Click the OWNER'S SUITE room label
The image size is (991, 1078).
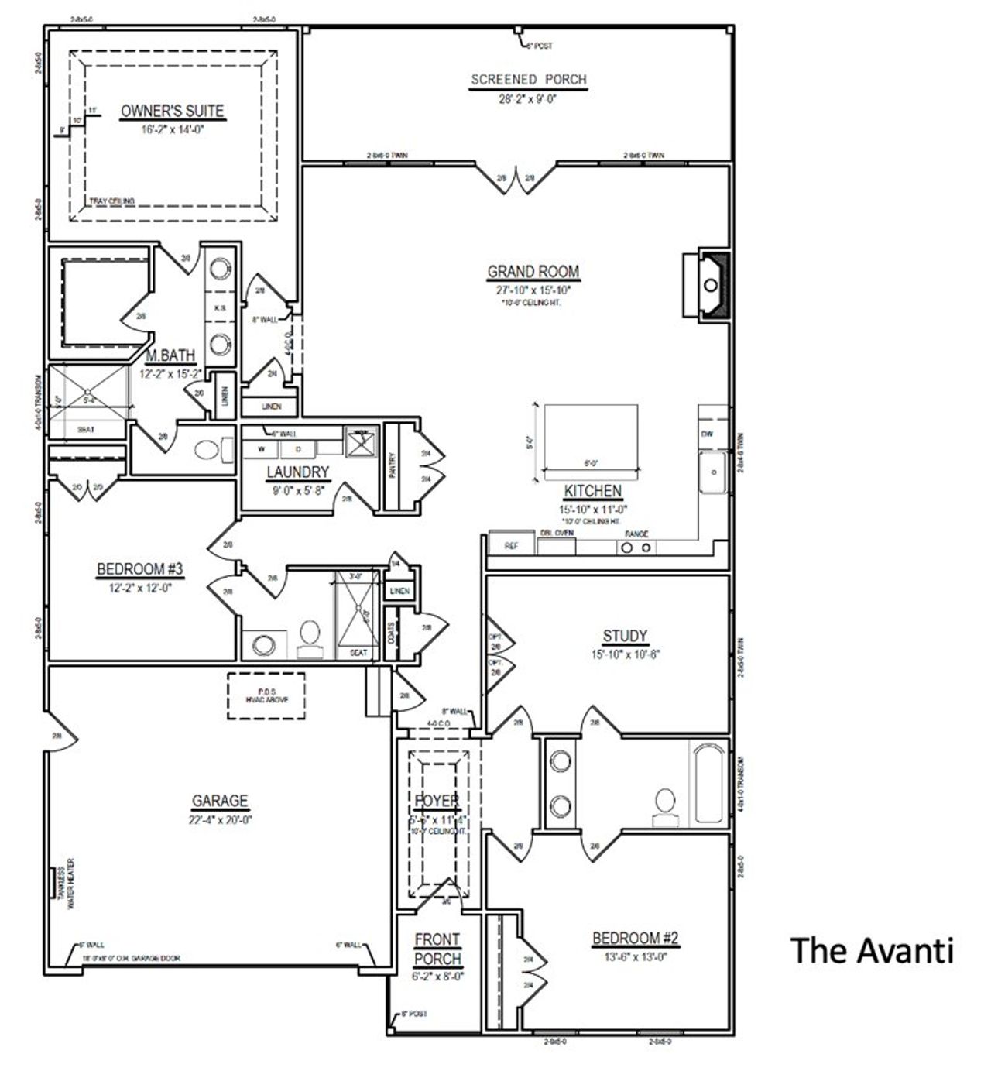click(x=172, y=112)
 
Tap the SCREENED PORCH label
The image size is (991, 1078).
click(x=529, y=79)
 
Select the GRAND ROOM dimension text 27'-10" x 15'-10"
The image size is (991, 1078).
click(x=533, y=290)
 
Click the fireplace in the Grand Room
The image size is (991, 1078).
click(x=711, y=284)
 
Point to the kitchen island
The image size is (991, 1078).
click(x=591, y=436)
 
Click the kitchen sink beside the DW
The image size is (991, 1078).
click(x=713, y=471)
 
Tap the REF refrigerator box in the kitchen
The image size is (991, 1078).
click(x=511, y=545)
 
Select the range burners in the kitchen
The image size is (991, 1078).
click(x=636, y=548)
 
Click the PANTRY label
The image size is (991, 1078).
click(x=393, y=466)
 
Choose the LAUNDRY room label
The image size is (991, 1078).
click(x=298, y=472)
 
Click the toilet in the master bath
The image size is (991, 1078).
click(x=210, y=450)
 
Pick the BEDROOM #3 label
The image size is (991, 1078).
click(x=139, y=569)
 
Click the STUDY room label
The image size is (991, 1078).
click(x=625, y=636)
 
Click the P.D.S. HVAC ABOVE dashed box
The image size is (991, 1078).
click(x=266, y=695)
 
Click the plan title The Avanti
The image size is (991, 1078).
click(x=872, y=950)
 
